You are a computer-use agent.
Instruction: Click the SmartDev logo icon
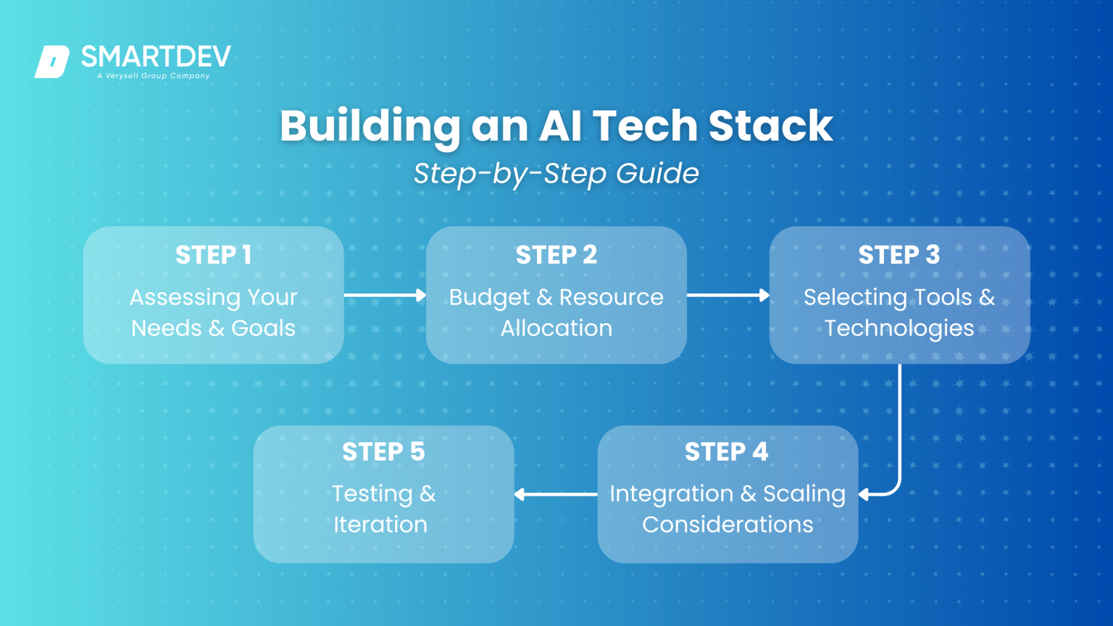point(52,62)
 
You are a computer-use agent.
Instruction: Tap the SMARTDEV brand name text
point(156,57)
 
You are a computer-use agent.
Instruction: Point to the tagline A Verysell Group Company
point(154,75)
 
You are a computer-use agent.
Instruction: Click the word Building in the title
point(370,126)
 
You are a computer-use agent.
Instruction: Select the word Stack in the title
point(770,126)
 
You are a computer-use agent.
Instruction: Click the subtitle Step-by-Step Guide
point(556,174)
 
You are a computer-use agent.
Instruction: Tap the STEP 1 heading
point(213,255)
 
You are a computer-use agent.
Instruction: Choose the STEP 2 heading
point(556,255)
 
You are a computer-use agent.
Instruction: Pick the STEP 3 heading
point(899,255)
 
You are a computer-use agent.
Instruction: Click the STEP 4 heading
point(726,452)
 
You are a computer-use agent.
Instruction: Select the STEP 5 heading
point(383,452)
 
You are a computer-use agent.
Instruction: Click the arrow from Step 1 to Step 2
point(385,295)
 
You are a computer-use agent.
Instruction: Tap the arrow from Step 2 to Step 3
point(728,295)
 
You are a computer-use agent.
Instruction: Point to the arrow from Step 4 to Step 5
point(556,494)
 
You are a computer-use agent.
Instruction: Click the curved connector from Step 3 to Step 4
point(899,435)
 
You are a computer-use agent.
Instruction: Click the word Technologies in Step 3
point(899,329)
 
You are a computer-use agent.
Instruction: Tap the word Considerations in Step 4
point(728,525)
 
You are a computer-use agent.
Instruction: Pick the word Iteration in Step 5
point(380,525)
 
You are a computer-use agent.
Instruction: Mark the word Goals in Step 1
point(263,329)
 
